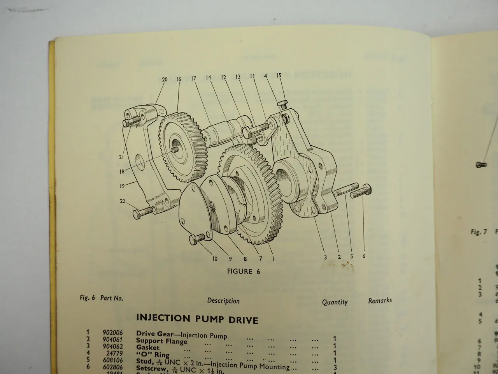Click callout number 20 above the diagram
coord(165,79)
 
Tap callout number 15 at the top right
coord(279,76)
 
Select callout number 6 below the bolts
coord(364,256)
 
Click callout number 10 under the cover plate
coord(215,259)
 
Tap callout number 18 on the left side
coord(122,171)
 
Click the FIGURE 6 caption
coord(244,272)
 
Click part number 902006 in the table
coord(112,333)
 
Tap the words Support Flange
coord(161,341)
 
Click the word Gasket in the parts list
coord(148,347)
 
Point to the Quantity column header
coord(335,302)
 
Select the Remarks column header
coord(380,300)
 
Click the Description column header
coord(223,301)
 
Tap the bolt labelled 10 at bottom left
coord(196,239)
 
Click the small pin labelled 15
coord(282,104)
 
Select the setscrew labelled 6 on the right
coord(361,191)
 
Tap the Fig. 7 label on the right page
coord(479,232)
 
